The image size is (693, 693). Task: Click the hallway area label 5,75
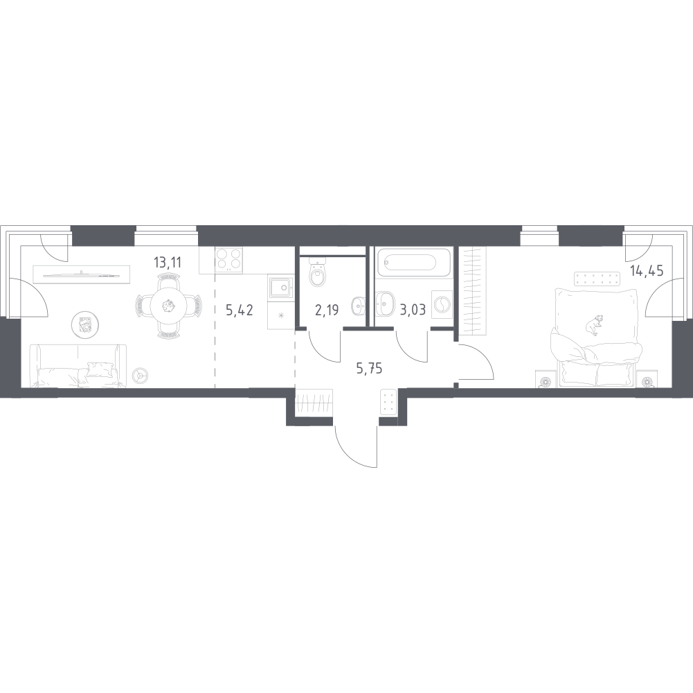369,368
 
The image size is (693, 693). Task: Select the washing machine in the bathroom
440,305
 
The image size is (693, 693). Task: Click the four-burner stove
229,259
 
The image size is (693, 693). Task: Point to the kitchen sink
280,288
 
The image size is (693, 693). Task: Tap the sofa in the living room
78,366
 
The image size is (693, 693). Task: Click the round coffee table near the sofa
84,325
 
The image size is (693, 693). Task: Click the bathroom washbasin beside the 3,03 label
384,304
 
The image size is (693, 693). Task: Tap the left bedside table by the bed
546,380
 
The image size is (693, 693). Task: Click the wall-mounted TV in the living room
81,275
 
